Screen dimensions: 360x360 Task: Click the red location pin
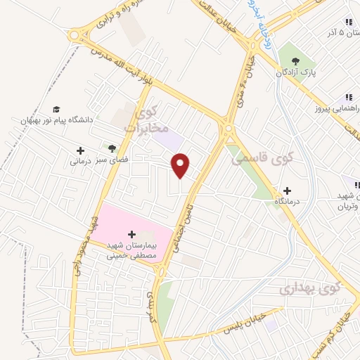click(181, 165)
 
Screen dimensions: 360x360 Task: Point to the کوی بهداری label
click(309, 288)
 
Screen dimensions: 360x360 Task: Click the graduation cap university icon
click(56, 109)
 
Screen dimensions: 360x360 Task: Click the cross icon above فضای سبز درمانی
click(80, 150)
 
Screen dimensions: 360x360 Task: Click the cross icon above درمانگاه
click(287, 191)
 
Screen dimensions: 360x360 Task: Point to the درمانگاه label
click(290, 202)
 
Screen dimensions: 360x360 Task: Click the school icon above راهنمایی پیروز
click(347, 98)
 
